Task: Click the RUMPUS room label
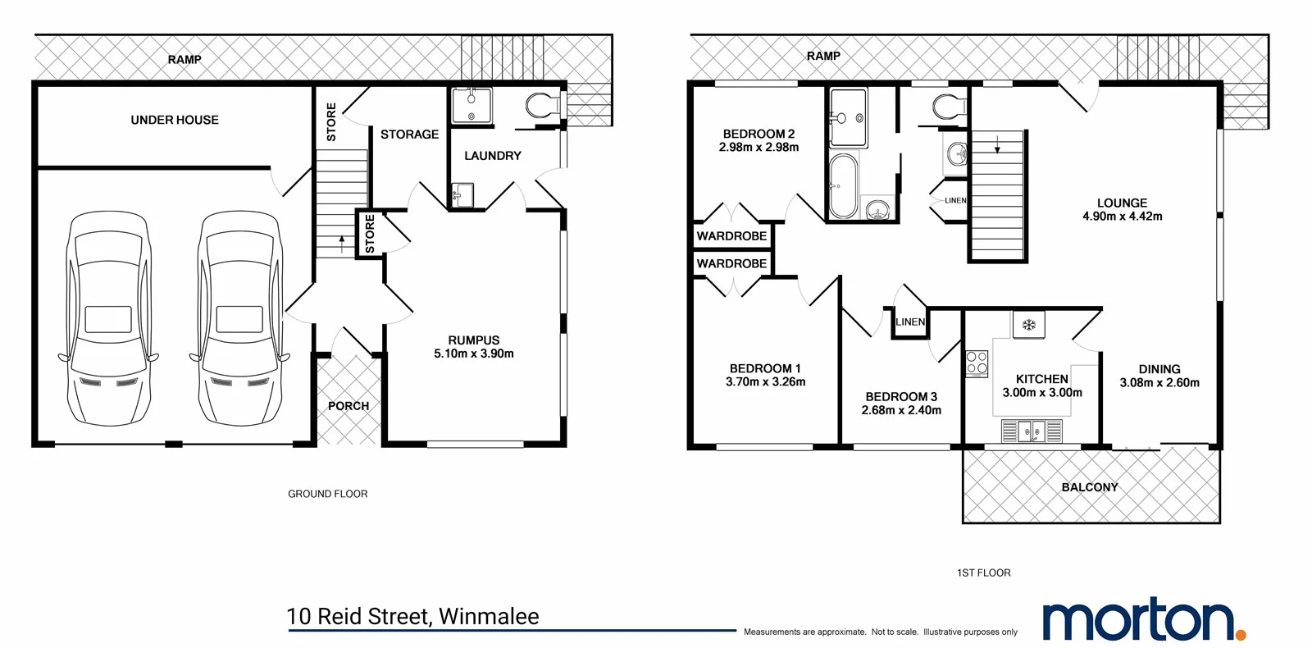(x=473, y=340)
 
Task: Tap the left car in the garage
(x=108, y=318)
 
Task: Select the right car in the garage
(x=239, y=318)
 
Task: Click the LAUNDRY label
(x=492, y=156)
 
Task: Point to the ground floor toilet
(x=541, y=105)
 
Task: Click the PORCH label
(x=348, y=406)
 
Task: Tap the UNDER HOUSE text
(x=175, y=120)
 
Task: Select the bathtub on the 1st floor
(x=843, y=186)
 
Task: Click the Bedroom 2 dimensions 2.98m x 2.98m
(x=758, y=148)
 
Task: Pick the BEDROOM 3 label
(x=901, y=396)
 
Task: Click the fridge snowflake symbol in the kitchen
(x=1028, y=325)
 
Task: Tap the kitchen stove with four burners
(x=977, y=363)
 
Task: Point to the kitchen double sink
(x=1032, y=430)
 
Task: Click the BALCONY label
(x=1090, y=487)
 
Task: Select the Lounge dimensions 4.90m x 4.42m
(x=1122, y=217)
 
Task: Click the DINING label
(x=1159, y=369)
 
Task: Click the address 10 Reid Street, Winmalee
(x=412, y=617)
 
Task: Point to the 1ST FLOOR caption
(x=983, y=573)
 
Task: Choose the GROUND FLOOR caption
(x=327, y=494)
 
